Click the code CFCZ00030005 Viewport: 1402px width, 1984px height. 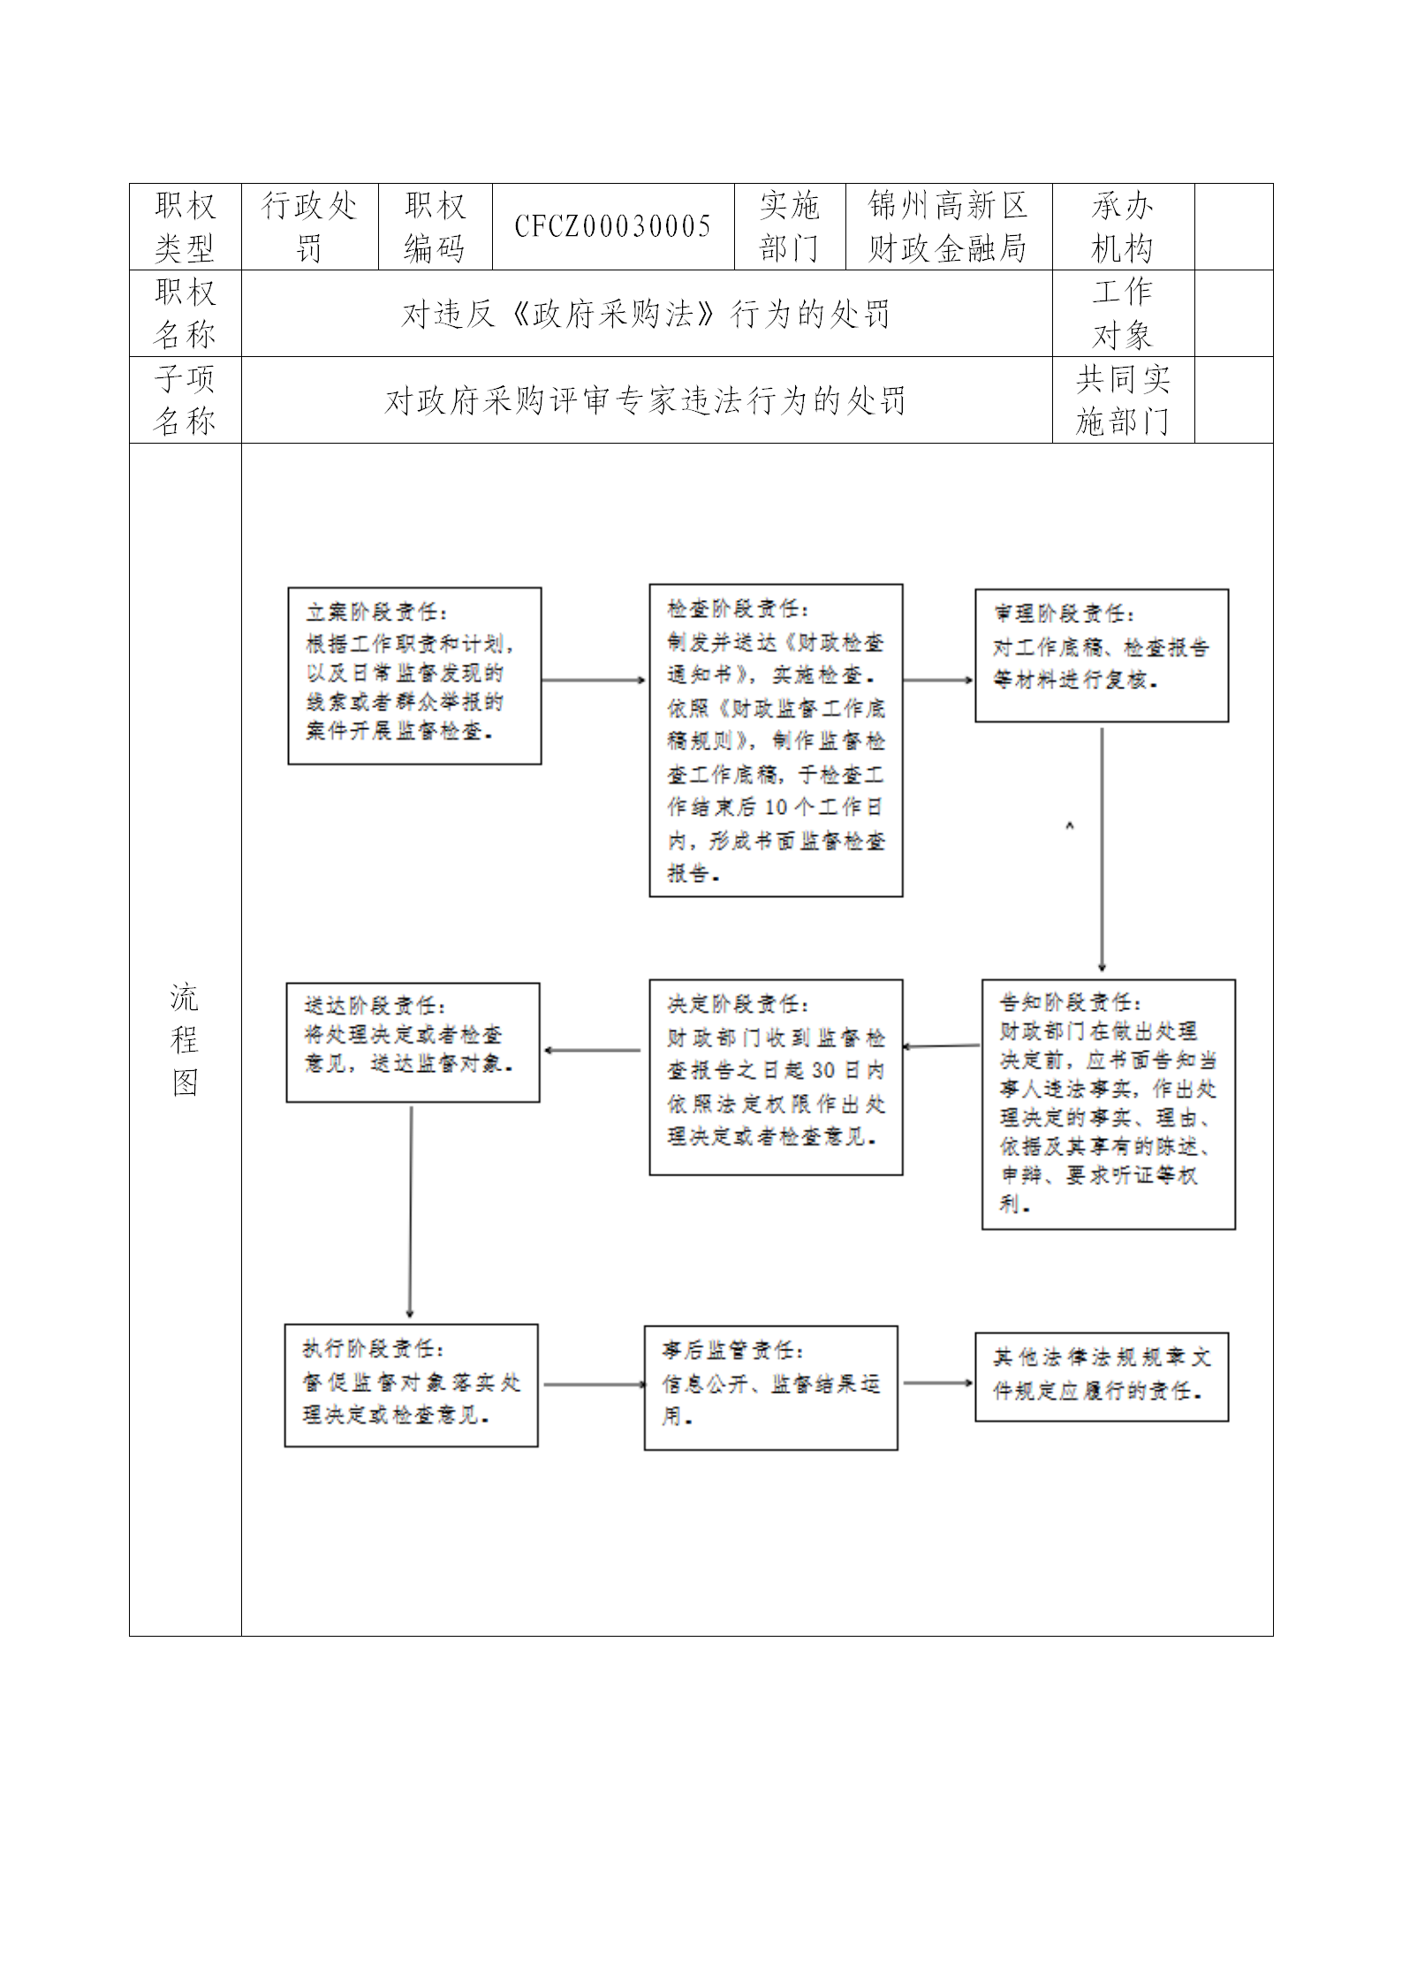pyautogui.click(x=613, y=227)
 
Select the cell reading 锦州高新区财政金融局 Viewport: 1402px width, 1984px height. pyautogui.click(x=948, y=227)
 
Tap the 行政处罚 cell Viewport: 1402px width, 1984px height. pyautogui.click(x=309, y=227)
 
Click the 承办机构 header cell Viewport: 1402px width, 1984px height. pyautogui.click(x=1123, y=227)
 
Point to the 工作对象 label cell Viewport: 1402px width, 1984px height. pyautogui.click(x=1123, y=314)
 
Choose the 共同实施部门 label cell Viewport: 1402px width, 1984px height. pyautogui.click(x=1123, y=400)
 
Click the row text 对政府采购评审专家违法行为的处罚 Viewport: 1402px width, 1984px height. pyautogui.click(x=646, y=401)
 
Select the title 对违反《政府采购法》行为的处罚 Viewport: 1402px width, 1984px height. pyautogui.click(x=646, y=314)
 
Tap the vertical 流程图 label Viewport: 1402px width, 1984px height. pyautogui.click(x=185, y=1039)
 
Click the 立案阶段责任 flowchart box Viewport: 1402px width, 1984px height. pyautogui.click(x=414, y=676)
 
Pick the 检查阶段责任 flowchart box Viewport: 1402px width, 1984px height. pyautogui.click(x=776, y=741)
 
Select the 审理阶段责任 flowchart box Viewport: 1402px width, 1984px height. pyautogui.click(x=1102, y=656)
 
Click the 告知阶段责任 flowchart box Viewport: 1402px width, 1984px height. pyautogui.click(x=1109, y=1105)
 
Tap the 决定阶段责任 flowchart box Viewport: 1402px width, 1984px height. pyautogui.click(x=776, y=1077)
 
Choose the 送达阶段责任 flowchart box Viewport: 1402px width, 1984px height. pyautogui.click(x=413, y=1043)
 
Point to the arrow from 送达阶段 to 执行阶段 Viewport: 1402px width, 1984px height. pyautogui.click(x=410, y=1212)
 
